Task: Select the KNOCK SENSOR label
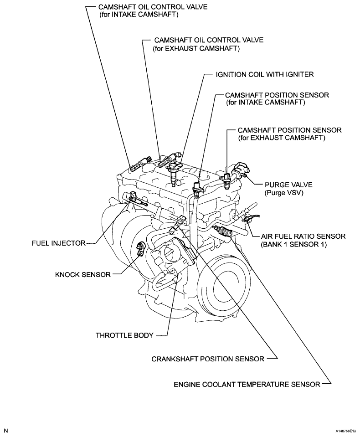point(82,274)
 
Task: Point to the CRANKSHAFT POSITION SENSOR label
point(208,359)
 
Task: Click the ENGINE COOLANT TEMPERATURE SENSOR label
point(247,384)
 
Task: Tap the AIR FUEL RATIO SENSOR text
point(303,236)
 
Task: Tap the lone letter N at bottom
point(6,430)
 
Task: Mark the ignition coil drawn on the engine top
point(174,173)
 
